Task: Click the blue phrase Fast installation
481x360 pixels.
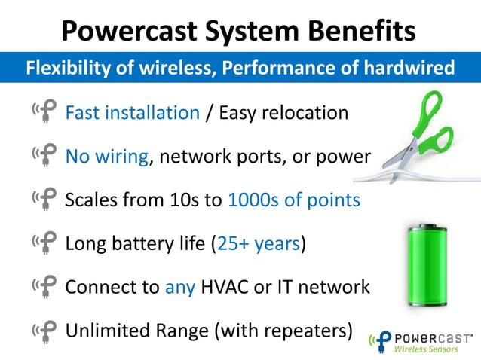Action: [x=132, y=113]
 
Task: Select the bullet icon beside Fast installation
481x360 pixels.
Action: [x=44, y=113]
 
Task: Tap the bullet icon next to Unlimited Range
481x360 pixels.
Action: [x=44, y=331]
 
